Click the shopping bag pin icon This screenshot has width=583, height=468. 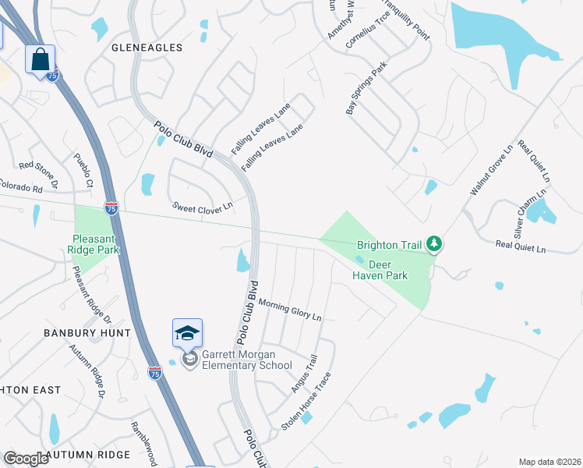point(40,58)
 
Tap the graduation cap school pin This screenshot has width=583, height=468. point(187,334)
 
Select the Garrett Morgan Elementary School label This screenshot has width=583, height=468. point(246,360)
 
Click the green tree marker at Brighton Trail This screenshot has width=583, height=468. point(435,246)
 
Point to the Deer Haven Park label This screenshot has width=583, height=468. point(380,270)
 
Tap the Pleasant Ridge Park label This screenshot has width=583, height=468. point(96,244)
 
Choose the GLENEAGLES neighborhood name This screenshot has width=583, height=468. point(147,48)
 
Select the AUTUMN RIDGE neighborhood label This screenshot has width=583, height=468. point(87,454)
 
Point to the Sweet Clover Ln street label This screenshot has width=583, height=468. point(203,207)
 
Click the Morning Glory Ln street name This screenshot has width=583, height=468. point(290,310)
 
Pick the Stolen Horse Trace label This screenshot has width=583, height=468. point(306,401)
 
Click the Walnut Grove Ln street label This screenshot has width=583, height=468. point(491,169)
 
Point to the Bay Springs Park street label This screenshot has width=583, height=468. point(366,90)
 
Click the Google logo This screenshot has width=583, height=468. point(26,459)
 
